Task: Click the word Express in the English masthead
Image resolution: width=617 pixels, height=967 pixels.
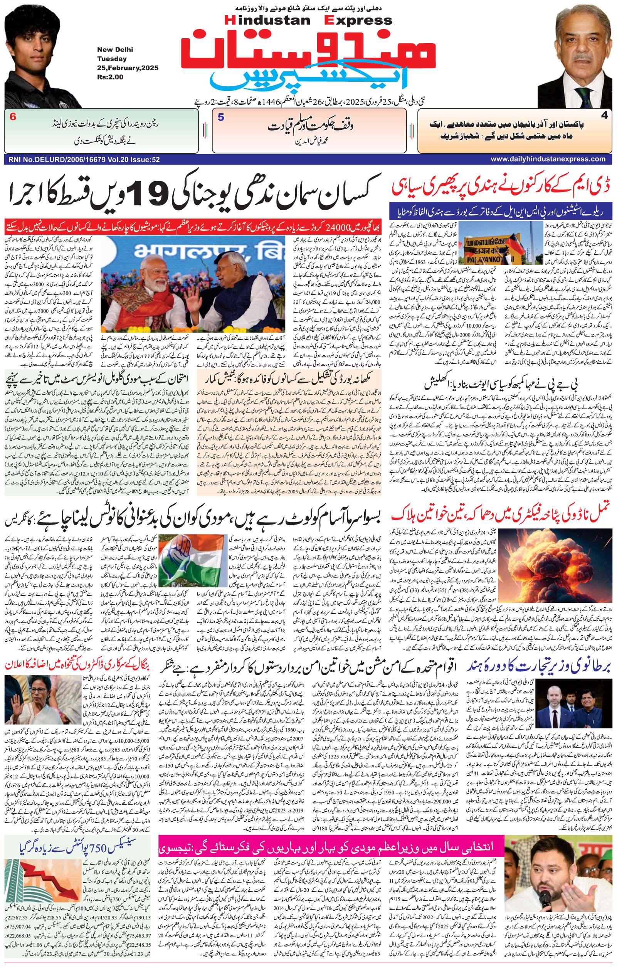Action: click(358, 20)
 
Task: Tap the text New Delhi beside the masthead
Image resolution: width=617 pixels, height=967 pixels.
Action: click(115, 50)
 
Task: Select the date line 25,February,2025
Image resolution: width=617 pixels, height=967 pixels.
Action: click(127, 68)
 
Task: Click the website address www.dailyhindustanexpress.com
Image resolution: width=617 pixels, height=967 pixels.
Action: click(548, 159)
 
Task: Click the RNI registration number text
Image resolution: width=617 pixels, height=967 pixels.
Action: click(83, 160)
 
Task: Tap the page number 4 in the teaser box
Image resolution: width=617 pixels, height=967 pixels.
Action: click(604, 115)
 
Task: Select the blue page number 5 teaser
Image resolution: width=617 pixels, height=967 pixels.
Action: click(220, 118)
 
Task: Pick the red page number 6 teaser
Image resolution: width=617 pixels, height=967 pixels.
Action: click(13, 117)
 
